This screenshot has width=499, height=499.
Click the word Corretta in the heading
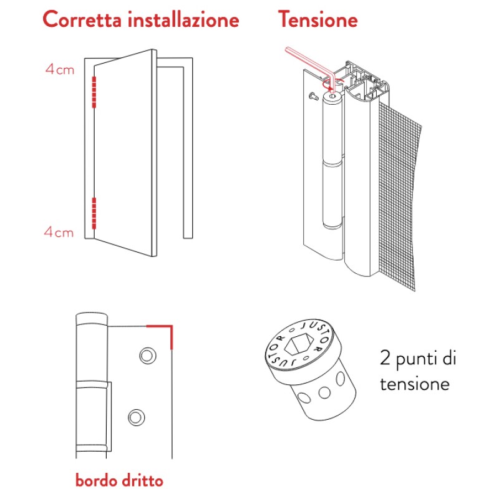click(x=82, y=19)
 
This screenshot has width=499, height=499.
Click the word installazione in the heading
click(x=183, y=19)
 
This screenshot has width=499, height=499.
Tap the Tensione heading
click(x=318, y=19)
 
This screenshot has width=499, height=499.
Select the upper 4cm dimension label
click(x=60, y=69)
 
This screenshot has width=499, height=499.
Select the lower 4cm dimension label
click(x=59, y=232)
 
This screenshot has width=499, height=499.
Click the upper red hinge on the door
click(x=94, y=92)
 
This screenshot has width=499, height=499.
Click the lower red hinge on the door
click(x=94, y=213)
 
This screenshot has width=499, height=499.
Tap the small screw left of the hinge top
click(x=313, y=96)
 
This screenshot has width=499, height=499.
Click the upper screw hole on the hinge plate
click(x=148, y=356)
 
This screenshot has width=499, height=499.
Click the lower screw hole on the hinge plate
click(x=137, y=417)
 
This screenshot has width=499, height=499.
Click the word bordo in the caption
click(x=95, y=480)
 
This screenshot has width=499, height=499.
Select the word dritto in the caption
click(x=143, y=480)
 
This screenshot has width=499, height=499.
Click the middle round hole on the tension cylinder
click(x=324, y=392)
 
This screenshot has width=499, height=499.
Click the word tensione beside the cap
click(x=415, y=384)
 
